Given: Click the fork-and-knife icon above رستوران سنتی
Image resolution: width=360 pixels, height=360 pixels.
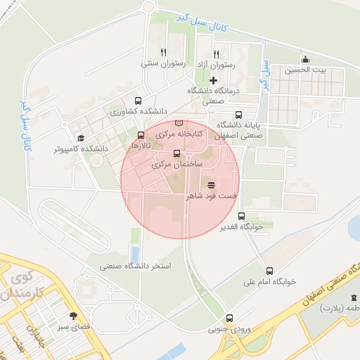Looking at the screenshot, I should tap(163, 51).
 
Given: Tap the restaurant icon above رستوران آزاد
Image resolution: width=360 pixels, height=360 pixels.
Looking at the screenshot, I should tap(216, 53).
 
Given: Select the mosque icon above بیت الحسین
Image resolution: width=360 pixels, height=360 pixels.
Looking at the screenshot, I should tap(305, 59).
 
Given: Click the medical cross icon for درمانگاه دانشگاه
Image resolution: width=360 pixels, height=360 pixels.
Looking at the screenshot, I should tap(213, 80).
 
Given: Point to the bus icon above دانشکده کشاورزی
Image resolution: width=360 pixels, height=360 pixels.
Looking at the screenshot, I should tap(136, 100).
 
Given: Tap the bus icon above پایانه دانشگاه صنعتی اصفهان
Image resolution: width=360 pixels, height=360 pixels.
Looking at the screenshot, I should tap(238, 114).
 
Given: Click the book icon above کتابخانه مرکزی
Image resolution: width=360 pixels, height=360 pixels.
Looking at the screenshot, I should tap(178, 122).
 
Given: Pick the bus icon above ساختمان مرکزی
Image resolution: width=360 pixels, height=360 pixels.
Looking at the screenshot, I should tap(176, 153).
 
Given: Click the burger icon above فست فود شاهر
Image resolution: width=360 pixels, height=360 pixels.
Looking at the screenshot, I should tap(212, 184).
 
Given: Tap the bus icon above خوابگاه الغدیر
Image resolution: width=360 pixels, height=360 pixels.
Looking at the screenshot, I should tap(242, 216).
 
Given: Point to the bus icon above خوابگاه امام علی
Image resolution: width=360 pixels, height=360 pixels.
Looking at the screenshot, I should tap(269, 271).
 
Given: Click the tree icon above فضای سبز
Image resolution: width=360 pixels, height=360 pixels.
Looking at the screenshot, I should tap(74, 316).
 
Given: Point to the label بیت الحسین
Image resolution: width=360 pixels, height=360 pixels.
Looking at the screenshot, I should tap(310, 70).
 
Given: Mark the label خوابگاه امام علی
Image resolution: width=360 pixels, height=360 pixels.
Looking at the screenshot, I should tap(271, 282).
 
